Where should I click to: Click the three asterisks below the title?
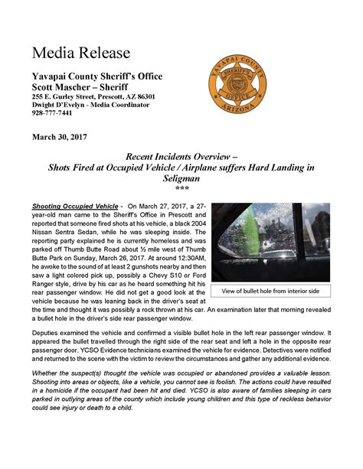point(181,188)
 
